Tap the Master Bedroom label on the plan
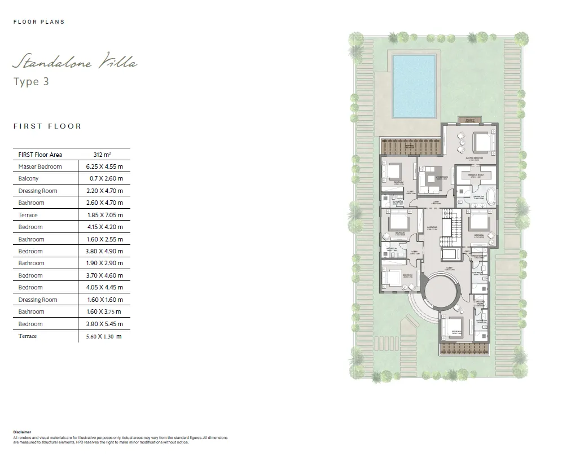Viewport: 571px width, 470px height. click(474, 158)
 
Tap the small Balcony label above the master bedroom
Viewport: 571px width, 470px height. click(469, 121)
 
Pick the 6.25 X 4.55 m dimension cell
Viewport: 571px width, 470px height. click(104, 166)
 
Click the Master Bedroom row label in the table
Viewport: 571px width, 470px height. click(40, 166)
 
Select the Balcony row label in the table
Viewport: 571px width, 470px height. click(29, 179)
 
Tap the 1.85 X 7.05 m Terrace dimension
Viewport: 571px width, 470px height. click(104, 215)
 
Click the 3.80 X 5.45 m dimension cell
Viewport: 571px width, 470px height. click(104, 324)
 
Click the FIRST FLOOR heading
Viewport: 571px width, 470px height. click(47, 126)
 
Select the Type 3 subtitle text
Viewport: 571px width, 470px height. click(31, 82)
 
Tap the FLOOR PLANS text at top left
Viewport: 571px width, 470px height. click(39, 22)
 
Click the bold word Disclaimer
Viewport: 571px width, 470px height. click(23, 432)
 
